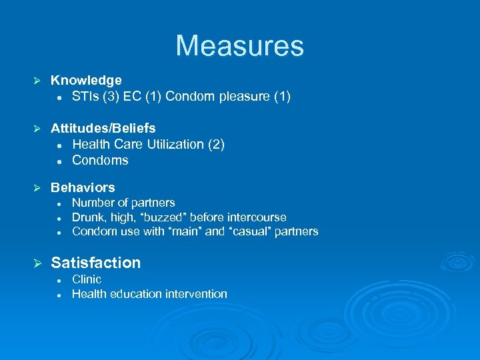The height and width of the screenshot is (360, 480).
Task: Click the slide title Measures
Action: tap(239, 46)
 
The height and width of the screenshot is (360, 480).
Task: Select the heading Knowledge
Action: tap(86, 81)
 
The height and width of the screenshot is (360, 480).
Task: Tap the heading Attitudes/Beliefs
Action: tap(103, 128)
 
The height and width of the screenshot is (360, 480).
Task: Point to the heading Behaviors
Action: tap(83, 187)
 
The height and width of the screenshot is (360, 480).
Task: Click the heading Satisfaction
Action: tap(96, 263)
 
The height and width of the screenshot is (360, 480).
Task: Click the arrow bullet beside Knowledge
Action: tap(38, 81)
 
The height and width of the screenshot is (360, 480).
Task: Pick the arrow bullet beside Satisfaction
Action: tap(38, 263)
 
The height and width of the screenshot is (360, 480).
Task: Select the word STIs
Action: tap(87, 97)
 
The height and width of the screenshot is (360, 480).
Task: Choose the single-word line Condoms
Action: tap(100, 160)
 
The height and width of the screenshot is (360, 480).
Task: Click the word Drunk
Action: tap(87, 217)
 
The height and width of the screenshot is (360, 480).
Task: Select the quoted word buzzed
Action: tap(155, 217)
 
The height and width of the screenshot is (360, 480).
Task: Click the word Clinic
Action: tap(87, 279)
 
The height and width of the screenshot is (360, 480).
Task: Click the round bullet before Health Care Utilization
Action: tap(59, 145)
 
